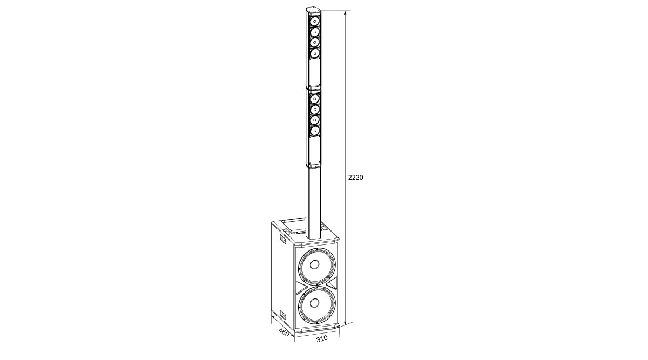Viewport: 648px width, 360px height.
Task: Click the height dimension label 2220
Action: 355,177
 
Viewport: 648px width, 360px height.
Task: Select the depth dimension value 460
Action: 283,331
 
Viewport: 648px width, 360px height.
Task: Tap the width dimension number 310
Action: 322,338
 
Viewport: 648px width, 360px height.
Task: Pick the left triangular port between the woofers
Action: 301,287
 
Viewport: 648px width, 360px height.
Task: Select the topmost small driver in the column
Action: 314,21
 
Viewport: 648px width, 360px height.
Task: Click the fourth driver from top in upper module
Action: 314,53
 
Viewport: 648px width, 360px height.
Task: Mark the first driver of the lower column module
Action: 314,99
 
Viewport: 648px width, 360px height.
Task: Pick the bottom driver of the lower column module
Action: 314,131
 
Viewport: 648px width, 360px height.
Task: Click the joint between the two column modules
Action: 314,87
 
